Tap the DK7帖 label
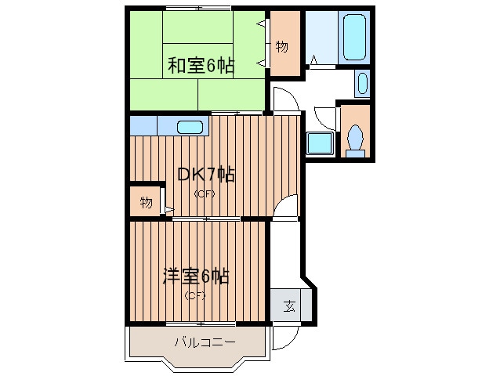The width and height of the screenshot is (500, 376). pyautogui.click(x=205, y=175)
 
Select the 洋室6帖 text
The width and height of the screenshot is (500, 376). pyautogui.click(x=195, y=277)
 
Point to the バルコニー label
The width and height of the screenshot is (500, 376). pyautogui.click(x=204, y=342)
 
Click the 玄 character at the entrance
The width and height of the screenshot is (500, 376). pyautogui.click(x=289, y=305)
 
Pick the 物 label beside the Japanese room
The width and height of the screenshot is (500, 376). pyautogui.click(x=282, y=46)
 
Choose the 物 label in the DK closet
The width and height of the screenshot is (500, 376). pyautogui.click(x=146, y=202)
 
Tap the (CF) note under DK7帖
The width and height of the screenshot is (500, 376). pyautogui.click(x=205, y=193)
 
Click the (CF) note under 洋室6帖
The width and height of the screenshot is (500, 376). pyautogui.click(x=194, y=295)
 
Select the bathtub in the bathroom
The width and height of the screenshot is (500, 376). pyautogui.click(x=355, y=37)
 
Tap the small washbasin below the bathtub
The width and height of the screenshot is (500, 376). pyautogui.click(x=361, y=82)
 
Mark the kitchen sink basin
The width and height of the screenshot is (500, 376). pyautogui.click(x=190, y=127)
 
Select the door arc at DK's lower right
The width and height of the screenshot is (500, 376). pyautogui.click(x=288, y=207)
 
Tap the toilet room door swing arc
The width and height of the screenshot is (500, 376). pyautogui.click(x=323, y=116)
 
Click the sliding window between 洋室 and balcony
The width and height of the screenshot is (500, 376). pyautogui.click(x=199, y=323)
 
